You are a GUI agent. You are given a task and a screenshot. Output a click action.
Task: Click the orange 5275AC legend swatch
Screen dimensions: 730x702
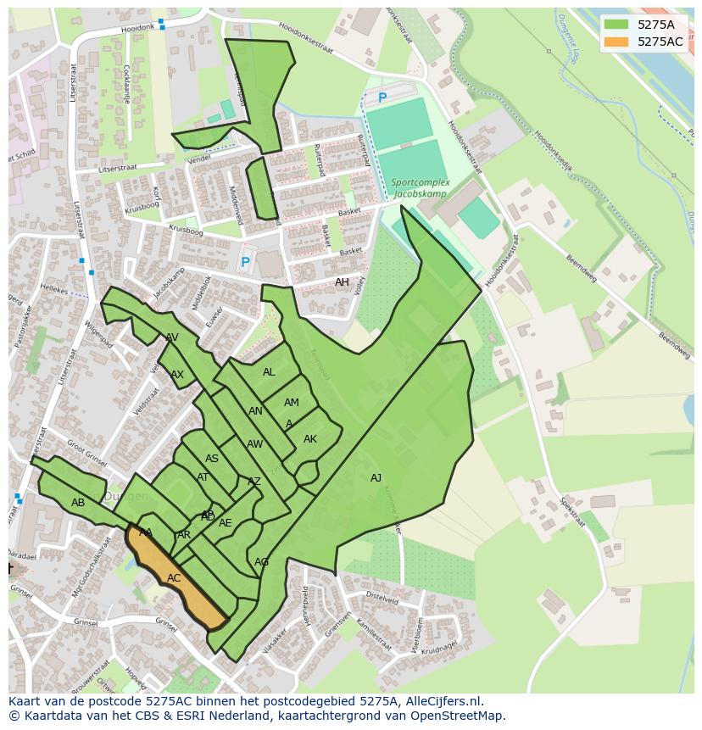pos(616,42)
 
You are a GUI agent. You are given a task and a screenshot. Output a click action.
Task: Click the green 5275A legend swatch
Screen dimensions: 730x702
pos(616,25)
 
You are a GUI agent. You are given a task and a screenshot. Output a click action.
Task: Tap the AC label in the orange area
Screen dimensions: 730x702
pos(174,578)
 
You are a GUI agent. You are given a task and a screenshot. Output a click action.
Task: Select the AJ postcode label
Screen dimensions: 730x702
pos(376,478)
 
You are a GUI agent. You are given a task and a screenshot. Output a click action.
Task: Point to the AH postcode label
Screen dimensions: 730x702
pos(342,282)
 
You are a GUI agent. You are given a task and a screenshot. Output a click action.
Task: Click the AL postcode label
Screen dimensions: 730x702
pos(269,372)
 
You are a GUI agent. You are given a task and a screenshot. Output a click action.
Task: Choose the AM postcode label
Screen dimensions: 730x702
pos(292,403)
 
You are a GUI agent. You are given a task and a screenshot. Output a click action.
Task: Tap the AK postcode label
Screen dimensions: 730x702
pos(310,439)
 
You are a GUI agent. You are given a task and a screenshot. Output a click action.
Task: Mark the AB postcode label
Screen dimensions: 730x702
pos(78,503)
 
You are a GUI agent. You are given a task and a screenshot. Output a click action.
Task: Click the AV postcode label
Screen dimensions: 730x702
pos(172,337)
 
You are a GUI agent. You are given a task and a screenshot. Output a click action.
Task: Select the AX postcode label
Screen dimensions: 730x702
pos(177,375)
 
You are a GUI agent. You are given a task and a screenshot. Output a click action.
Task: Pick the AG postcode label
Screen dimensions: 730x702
pos(262,562)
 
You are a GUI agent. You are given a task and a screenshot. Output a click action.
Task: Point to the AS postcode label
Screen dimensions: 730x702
pos(212,459)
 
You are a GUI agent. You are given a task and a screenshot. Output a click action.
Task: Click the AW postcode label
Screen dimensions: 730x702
pos(254,444)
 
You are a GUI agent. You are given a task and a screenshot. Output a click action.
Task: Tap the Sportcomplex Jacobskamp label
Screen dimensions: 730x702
pos(421,187)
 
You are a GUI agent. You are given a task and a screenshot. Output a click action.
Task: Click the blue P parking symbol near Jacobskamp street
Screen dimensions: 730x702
pos(245,263)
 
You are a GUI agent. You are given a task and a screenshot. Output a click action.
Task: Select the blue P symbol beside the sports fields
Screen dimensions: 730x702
pos(382,98)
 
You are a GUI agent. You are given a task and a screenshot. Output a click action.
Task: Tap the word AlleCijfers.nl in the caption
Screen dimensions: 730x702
pos(440,701)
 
